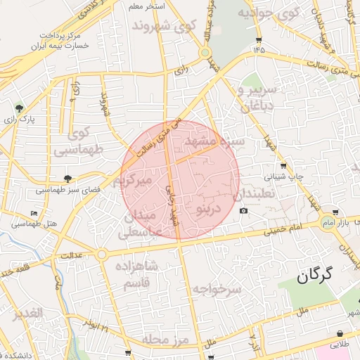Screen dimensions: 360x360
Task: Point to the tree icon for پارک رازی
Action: pyautogui.click(x=19, y=109)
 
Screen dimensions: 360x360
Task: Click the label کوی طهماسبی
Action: pyautogui.click(x=79, y=141)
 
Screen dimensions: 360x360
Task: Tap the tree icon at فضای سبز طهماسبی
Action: pyautogui.click(x=67, y=179)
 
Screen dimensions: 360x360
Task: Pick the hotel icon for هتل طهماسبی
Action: pyautogui.click(x=34, y=214)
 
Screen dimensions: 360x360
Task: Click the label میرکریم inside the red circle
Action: pyautogui.click(x=143, y=180)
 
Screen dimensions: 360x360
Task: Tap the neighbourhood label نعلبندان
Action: pyautogui.click(x=257, y=193)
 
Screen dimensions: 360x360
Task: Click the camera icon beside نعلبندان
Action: pyautogui.click(x=243, y=211)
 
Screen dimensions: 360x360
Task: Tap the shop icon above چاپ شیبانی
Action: pyautogui.click(x=283, y=166)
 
